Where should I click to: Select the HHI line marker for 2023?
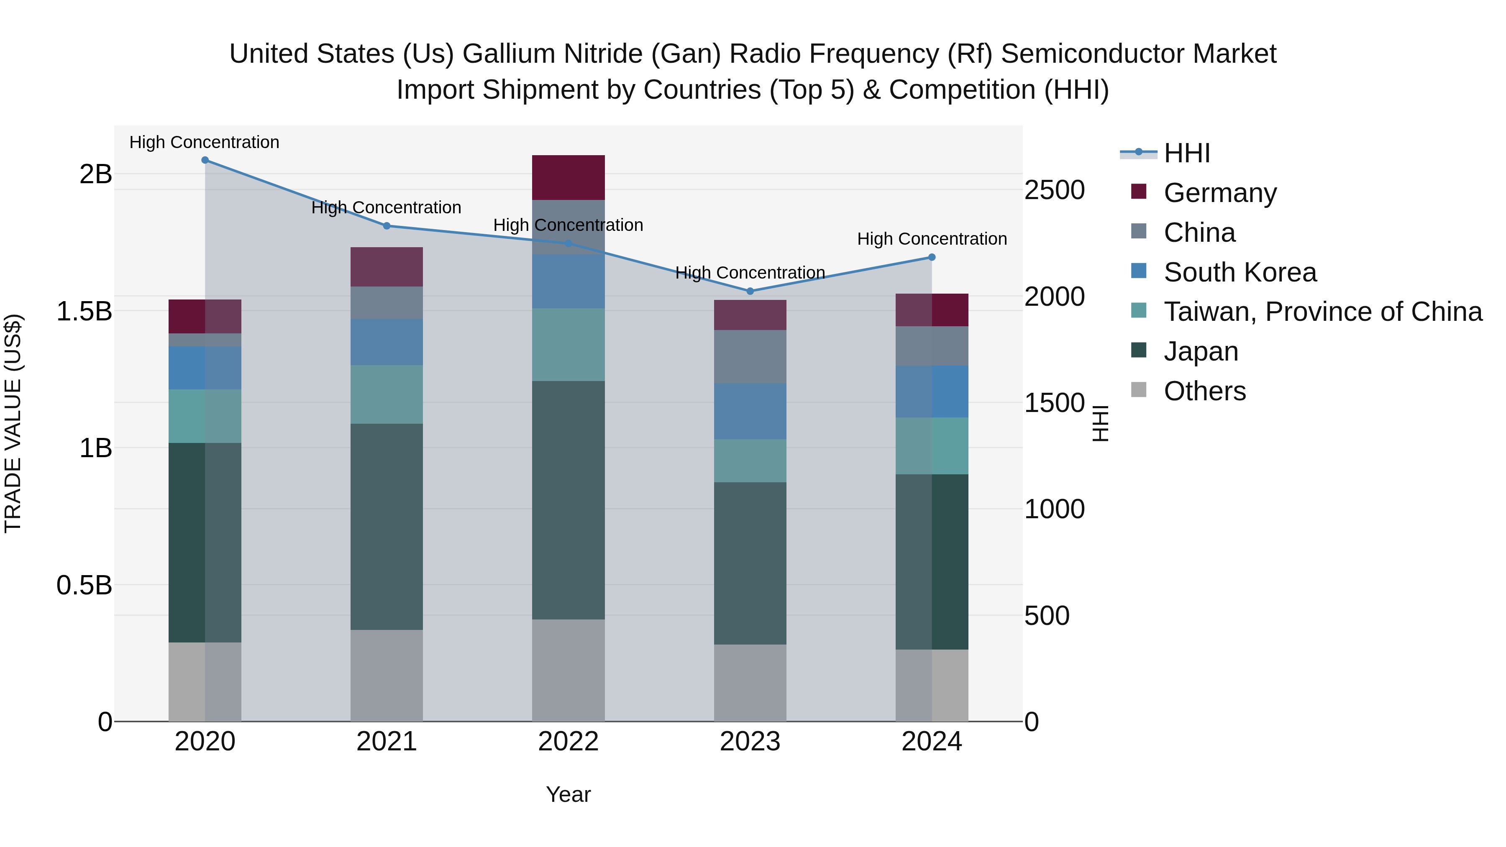click(x=750, y=291)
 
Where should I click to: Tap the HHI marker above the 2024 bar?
click(x=932, y=257)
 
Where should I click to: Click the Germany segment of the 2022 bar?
click(x=568, y=178)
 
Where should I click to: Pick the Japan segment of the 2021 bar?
click(x=387, y=526)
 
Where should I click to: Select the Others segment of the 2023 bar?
click(x=750, y=683)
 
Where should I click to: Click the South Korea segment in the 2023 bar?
click(x=750, y=411)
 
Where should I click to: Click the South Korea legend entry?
click(x=1240, y=272)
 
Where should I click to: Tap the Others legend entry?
click(x=1204, y=391)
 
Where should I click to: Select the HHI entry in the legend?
click(x=1187, y=153)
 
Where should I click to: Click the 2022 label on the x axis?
click(x=568, y=742)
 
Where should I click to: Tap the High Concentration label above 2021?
click(x=387, y=207)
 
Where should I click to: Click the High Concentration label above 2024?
click(x=932, y=239)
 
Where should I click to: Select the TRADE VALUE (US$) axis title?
click(x=13, y=423)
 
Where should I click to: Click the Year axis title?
click(x=568, y=794)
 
